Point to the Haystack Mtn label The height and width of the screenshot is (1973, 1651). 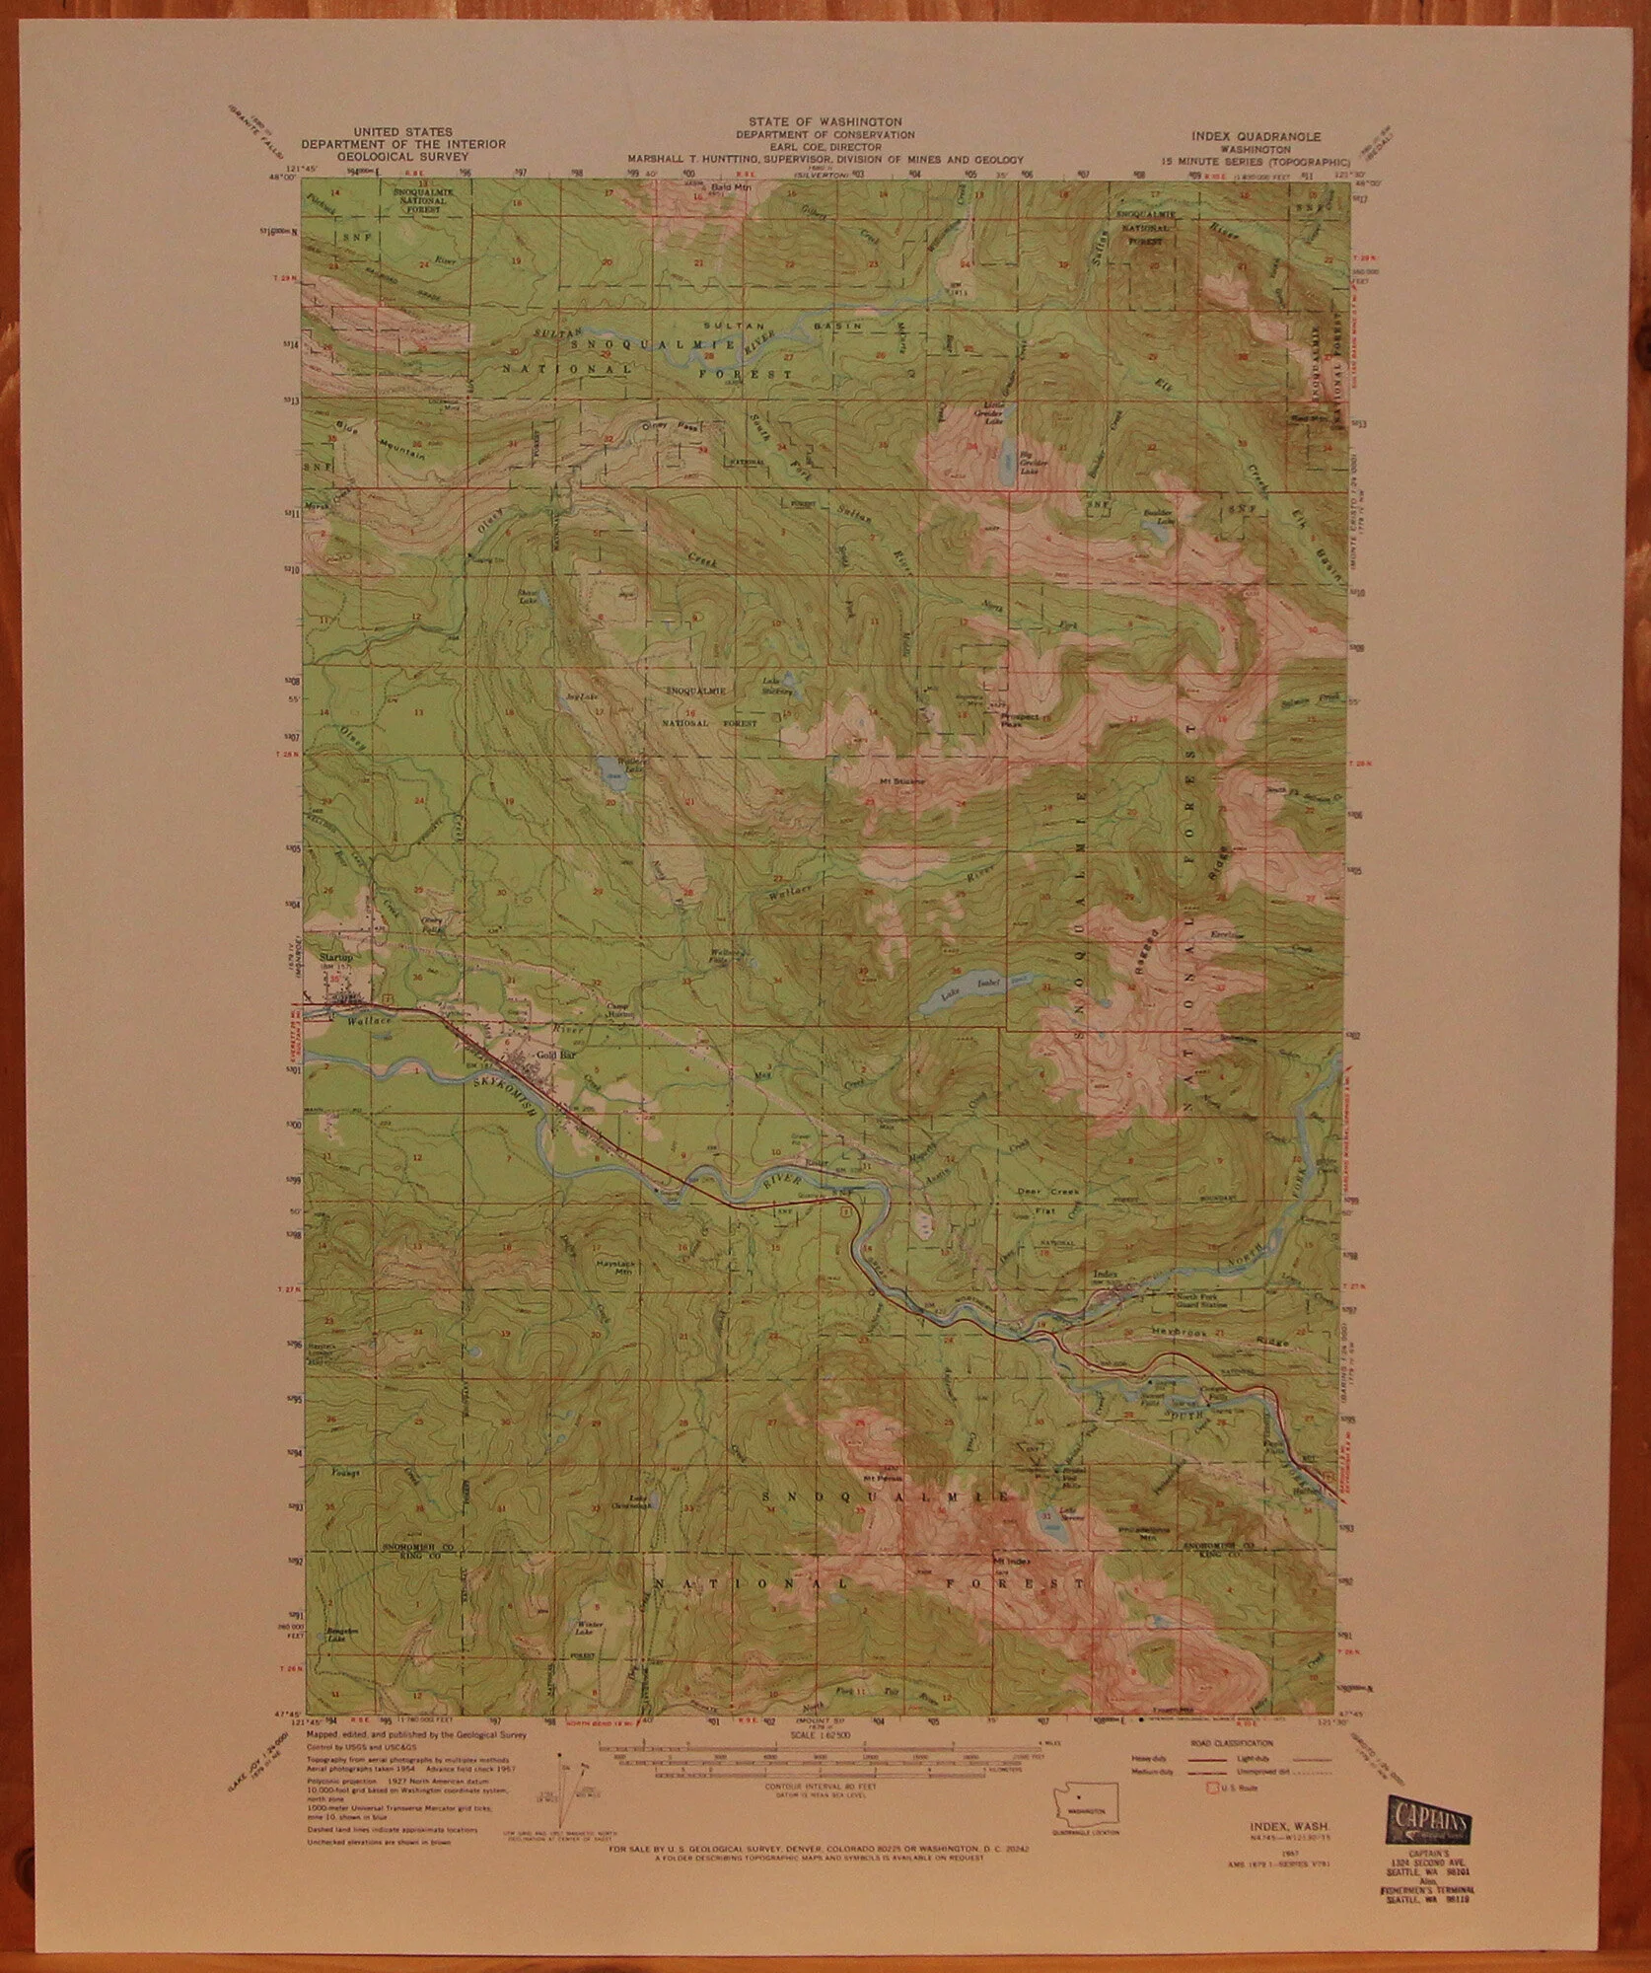click(x=613, y=1269)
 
